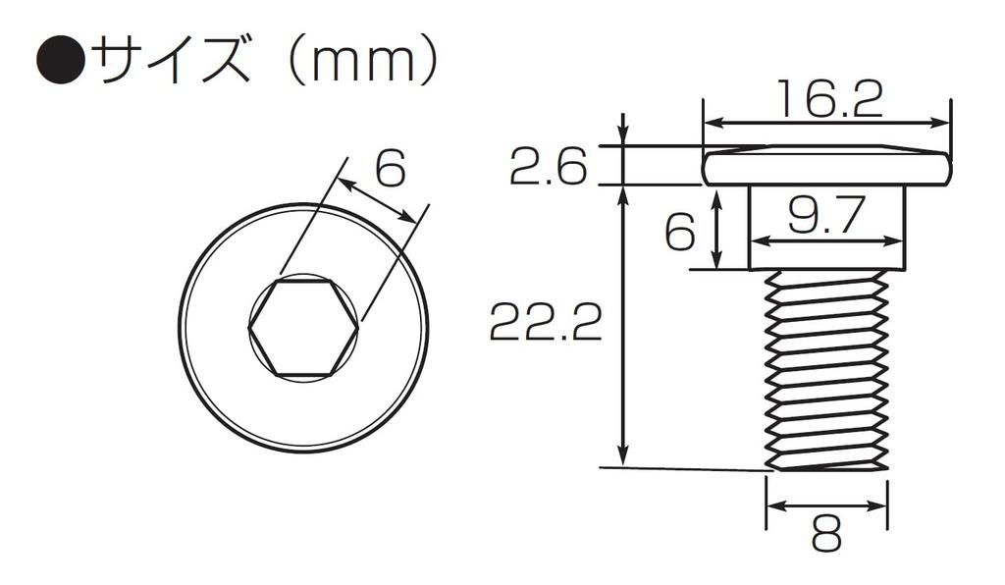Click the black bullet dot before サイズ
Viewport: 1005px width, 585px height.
point(60,63)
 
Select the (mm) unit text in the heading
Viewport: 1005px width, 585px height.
point(360,62)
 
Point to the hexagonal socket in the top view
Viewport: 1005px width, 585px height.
point(302,328)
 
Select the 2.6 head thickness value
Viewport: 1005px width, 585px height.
point(547,168)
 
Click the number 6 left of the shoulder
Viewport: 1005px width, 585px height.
point(679,233)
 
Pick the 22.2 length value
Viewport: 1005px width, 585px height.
point(546,321)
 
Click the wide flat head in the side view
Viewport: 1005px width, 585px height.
point(827,168)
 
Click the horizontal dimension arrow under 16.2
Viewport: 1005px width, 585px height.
point(827,124)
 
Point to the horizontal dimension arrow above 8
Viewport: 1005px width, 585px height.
point(826,506)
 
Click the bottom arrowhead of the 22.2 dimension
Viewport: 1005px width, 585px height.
point(622,456)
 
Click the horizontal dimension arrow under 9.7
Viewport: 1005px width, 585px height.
point(826,240)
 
